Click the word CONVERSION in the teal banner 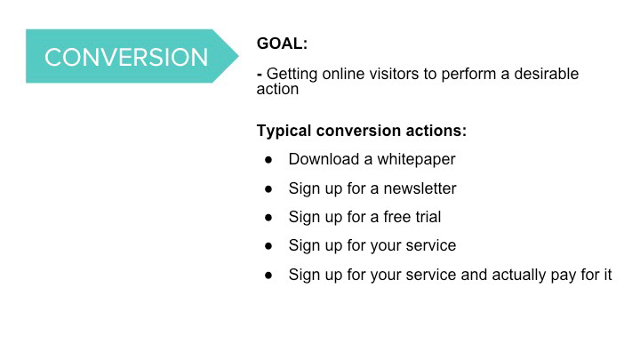(x=126, y=57)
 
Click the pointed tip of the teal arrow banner (x=239, y=56)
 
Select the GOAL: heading (x=282, y=44)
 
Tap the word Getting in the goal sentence (x=292, y=75)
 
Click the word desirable (x=546, y=74)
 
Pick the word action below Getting (x=277, y=89)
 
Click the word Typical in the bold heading (x=284, y=131)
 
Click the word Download (x=324, y=159)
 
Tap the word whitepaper (x=416, y=160)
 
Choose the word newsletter (x=420, y=188)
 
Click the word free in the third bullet (x=396, y=217)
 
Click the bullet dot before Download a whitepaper (x=268, y=160)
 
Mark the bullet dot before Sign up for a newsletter (x=268, y=189)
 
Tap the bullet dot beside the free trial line (x=268, y=218)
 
